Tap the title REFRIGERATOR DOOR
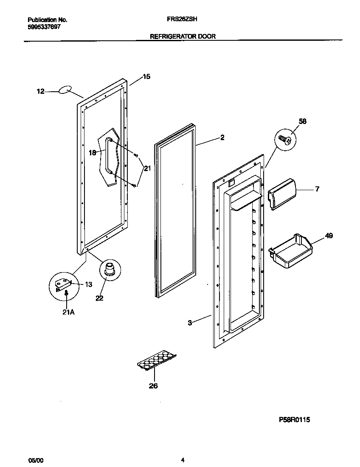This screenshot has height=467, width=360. (x=183, y=37)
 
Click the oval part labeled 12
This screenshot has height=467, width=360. (x=64, y=90)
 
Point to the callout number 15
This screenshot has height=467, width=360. (x=146, y=77)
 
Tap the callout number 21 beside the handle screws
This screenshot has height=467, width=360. (x=147, y=169)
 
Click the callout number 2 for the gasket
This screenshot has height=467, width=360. (x=222, y=138)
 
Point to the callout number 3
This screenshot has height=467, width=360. (x=190, y=323)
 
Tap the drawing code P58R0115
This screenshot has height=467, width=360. (x=295, y=419)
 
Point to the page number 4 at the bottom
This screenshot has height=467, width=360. (x=183, y=460)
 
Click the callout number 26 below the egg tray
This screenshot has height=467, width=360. (x=153, y=385)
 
